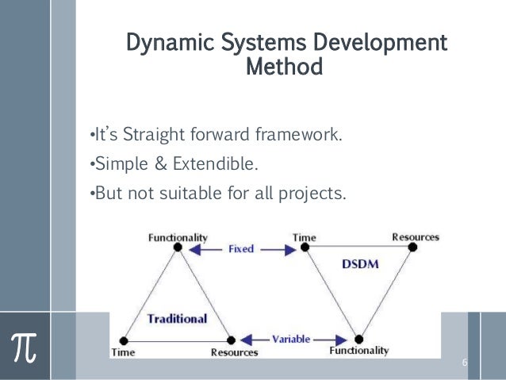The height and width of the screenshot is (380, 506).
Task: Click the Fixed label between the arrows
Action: tap(241, 248)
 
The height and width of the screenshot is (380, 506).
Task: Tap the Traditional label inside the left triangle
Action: tap(176, 319)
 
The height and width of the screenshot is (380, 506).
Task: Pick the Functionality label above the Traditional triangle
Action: tap(178, 236)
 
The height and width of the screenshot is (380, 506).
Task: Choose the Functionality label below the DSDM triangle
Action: tap(359, 350)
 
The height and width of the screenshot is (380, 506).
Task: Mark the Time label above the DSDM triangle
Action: tap(304, 236)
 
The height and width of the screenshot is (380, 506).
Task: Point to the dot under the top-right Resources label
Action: tap(412, 248)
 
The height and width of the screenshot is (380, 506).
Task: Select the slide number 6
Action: tap(465, 363)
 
